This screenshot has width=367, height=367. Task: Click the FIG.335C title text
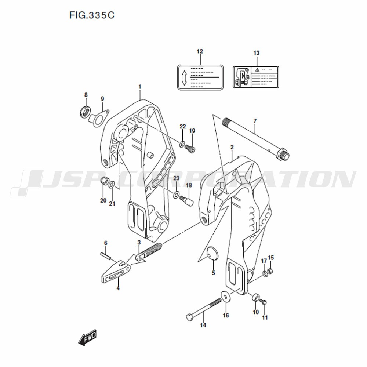pyautogui.click(x=92, y=15)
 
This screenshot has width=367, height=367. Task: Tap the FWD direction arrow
pyautogui.click(x=87, y=337)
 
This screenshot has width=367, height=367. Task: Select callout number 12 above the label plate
pyautogui.click(x=200, y=51)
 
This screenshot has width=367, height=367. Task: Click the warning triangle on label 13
pyautogui.click(x=257, y=70)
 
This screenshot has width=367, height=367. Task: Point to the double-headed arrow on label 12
pyautogui.click(x=184, y=77)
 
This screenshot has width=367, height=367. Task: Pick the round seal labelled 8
pyautogui.click(x=85, y=112)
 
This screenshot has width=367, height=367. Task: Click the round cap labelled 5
pyautogui.click(x=213, y=253)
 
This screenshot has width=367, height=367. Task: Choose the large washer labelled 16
pyautogui.click(x=225, y=297)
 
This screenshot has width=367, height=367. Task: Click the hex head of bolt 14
pyautogui.click(x=190, y=317)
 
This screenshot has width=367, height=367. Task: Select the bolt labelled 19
pyautogui.click(x=190, y=148)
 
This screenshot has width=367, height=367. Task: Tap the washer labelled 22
pyautogui.click(x=182, y=144)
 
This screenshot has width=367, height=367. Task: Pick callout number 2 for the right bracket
pyautogui.click(x=232, y=147)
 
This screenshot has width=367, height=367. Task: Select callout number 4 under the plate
pyautogui.click(x=118, y=288)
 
